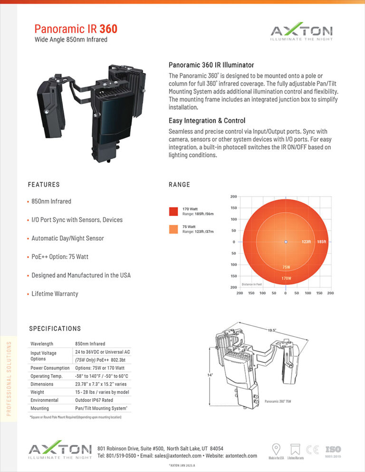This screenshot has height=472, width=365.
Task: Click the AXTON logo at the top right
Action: click(x=301, y=33)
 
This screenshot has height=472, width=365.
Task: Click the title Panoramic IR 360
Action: click(x=76, y=29)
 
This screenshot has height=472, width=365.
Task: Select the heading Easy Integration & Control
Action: click(x=207, y=121)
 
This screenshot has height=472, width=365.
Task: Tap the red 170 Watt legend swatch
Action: click(x=173, y=211)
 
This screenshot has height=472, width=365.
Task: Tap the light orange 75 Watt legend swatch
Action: click(x=173, y=229)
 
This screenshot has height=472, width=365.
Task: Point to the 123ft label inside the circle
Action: click(x=306, y=242)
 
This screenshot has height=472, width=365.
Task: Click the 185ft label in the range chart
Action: click(x=322, y=242)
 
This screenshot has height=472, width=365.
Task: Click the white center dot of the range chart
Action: click(x=286, y=242)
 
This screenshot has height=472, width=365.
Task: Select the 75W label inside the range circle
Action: click(x=287, y=267)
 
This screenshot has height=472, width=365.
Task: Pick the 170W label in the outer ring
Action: click(x=286, y=278)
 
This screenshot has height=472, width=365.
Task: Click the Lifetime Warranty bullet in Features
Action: click(x=55, y=294)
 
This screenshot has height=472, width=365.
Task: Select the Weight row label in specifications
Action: click(x=37, y=392)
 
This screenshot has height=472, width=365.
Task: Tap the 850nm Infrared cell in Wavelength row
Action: click(x=90, y=343)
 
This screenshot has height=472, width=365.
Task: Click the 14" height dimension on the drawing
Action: click(x=209, y=375)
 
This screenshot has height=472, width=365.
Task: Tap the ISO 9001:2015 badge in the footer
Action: click(x=333, y=452)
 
